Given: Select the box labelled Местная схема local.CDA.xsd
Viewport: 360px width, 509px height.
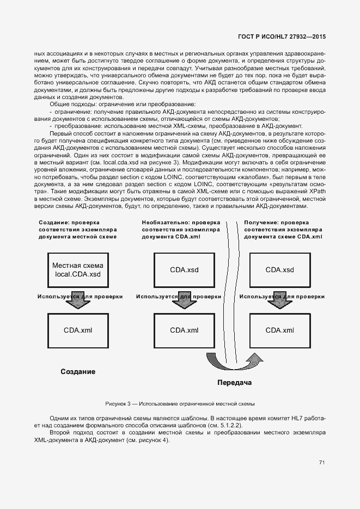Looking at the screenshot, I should click(78, 269).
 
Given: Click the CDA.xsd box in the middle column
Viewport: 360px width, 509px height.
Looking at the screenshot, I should click(184, 269).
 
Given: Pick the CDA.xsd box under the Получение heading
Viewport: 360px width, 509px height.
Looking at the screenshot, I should click(279, 269).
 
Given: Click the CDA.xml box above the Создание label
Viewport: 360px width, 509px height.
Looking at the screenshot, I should click(78, 330).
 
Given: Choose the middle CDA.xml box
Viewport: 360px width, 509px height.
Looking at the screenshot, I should click(184, 330).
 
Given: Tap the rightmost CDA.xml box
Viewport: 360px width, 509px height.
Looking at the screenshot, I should click(279, 330).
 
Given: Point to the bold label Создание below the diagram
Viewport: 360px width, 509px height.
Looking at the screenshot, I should click(78, 372).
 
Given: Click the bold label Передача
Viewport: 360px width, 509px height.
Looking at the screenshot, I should click(234, 383).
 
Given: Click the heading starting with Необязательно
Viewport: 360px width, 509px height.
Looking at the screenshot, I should click(181, 229).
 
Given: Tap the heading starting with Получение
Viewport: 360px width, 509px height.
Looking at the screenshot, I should click(283, 229).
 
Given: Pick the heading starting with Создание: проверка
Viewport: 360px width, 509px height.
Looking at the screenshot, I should click(78, 229).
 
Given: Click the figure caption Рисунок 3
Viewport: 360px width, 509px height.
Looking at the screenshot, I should click(180, 404).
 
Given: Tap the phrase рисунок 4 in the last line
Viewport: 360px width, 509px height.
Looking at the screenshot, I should click(154, 440).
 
